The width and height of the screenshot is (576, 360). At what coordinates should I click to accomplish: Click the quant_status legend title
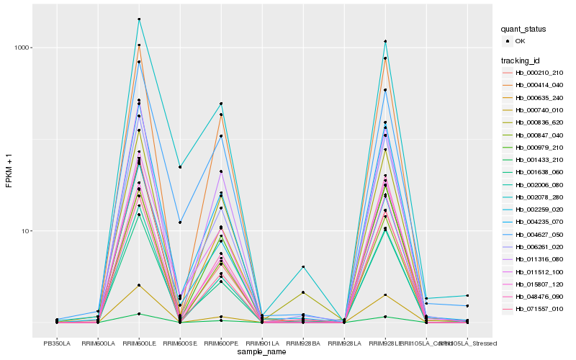coord(523,29)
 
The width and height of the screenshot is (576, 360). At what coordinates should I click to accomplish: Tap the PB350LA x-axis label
coord(57,344)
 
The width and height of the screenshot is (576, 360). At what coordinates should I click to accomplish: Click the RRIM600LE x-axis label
coord(139,344)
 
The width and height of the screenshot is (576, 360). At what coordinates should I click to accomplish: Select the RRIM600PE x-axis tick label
coord(221,344)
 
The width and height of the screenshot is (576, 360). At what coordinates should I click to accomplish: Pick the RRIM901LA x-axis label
coord(262,344)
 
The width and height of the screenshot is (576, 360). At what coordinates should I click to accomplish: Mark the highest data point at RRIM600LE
coord(139,19)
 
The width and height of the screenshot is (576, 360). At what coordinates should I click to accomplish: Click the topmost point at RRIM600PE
coord(221,104)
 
